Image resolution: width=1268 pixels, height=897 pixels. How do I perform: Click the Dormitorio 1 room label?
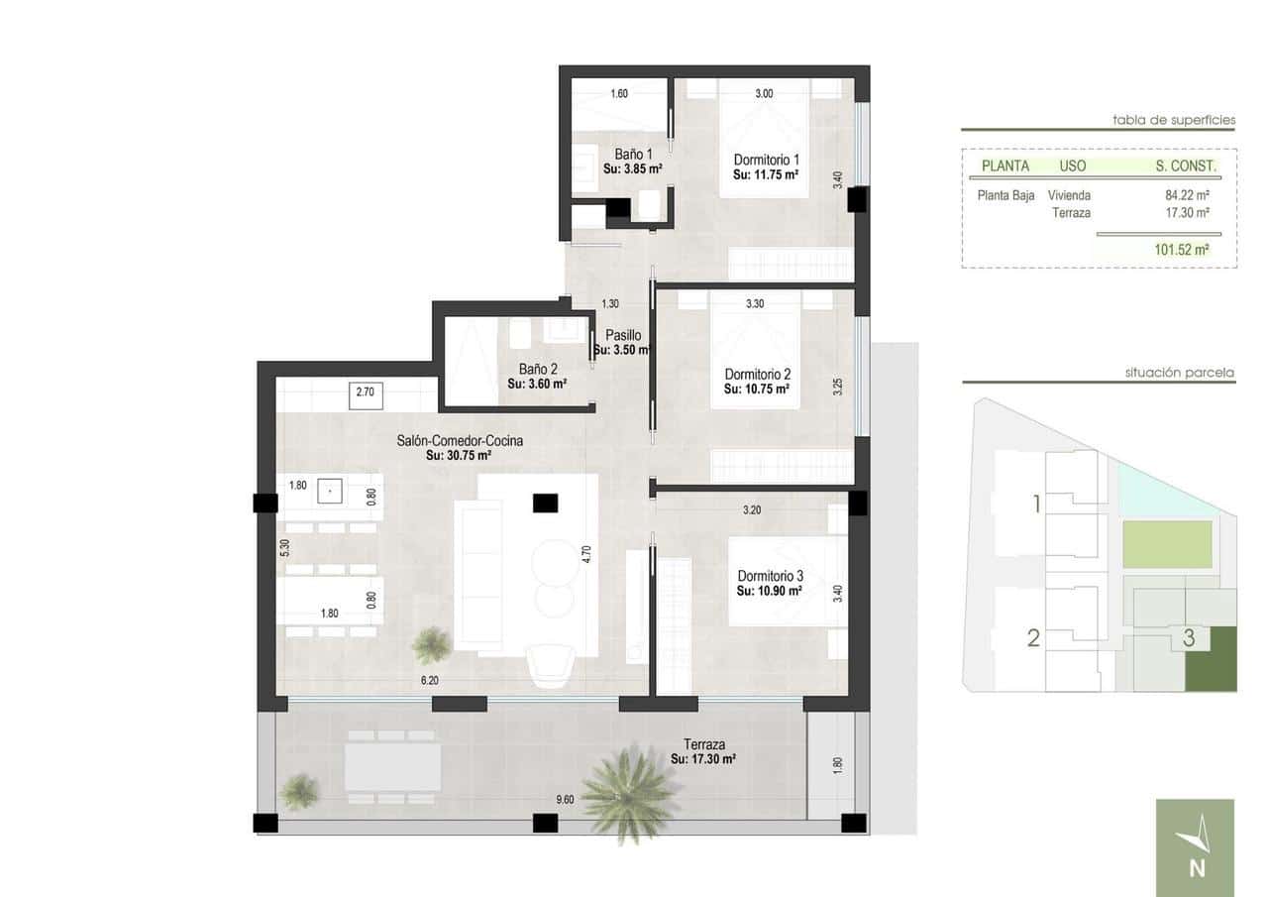click(x=766, y=160)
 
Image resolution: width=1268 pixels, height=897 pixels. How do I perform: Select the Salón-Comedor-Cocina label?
click(x=460, y=441)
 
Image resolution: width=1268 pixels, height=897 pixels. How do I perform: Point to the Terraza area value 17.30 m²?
click(x=703, y=759)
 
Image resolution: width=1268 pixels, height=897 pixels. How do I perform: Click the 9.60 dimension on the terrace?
click(x=565, y=799)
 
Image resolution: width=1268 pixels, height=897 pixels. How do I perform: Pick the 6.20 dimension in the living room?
click(x=429, y=681)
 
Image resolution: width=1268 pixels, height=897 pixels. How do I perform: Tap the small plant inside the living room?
click(x=432, y=645)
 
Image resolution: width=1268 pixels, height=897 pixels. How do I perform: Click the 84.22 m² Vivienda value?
click(x=1187, y=196)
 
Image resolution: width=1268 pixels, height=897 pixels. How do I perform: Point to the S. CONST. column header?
click(x=1185, y=166)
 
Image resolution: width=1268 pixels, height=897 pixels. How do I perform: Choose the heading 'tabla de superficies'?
click(x=1174, y=121)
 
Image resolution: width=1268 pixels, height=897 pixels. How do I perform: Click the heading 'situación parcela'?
click(x=1179, y=374)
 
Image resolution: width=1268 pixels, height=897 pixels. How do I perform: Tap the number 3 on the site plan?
click(x=1189, y=639)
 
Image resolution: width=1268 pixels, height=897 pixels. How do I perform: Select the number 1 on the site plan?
click(x=1036, y=505)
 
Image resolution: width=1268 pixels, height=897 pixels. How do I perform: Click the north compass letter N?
click(x=1197, y=869)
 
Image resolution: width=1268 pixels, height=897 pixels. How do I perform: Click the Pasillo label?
click(x=623, y=335)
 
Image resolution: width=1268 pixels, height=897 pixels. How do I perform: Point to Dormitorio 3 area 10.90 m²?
click(x=770, y=591)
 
